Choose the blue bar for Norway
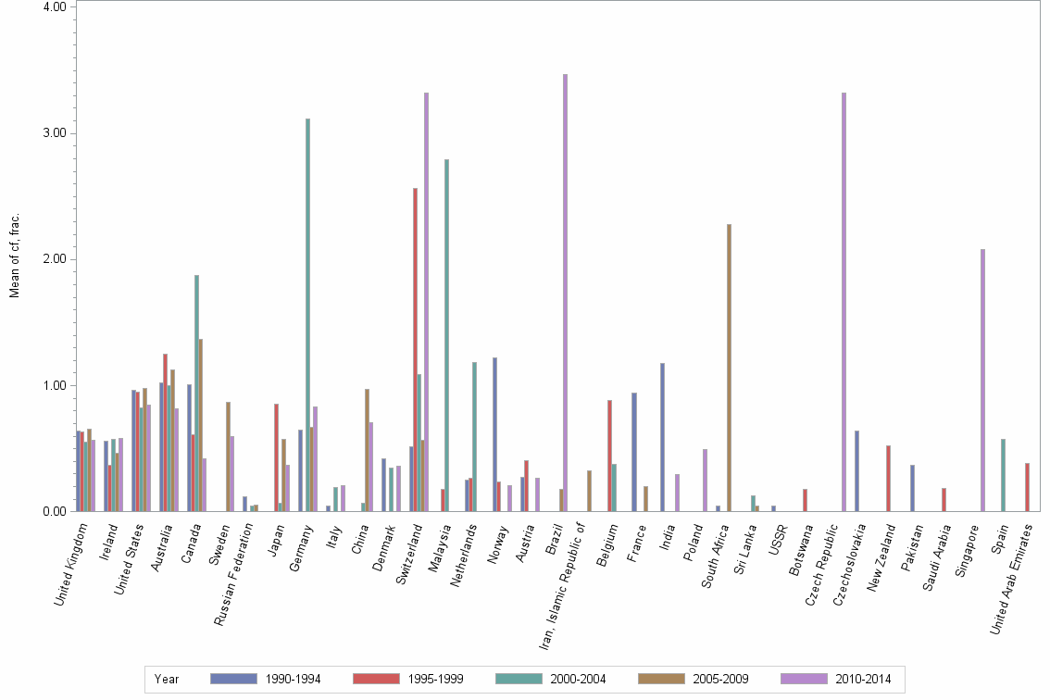pos(494,434)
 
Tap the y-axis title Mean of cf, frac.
pos(14,256)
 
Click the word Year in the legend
pos(167,679)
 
